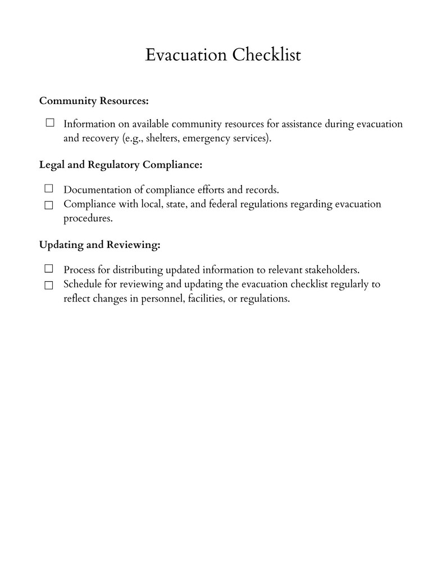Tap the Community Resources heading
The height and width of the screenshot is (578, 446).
[x=94, y=101]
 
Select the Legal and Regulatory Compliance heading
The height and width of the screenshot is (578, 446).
[x=120, y=165]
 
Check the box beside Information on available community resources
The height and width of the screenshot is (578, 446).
[x=49, y=123]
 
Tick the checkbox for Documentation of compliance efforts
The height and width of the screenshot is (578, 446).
[x=49, y=188]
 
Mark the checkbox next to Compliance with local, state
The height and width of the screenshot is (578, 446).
[x=49, y=205]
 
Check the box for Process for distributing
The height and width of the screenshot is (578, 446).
[x=49, y=269]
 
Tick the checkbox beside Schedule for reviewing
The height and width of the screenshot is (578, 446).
[x=49, y=285]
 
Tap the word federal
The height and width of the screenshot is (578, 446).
[x=223, y=204]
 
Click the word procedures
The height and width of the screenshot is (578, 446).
[x=88, y=219]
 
